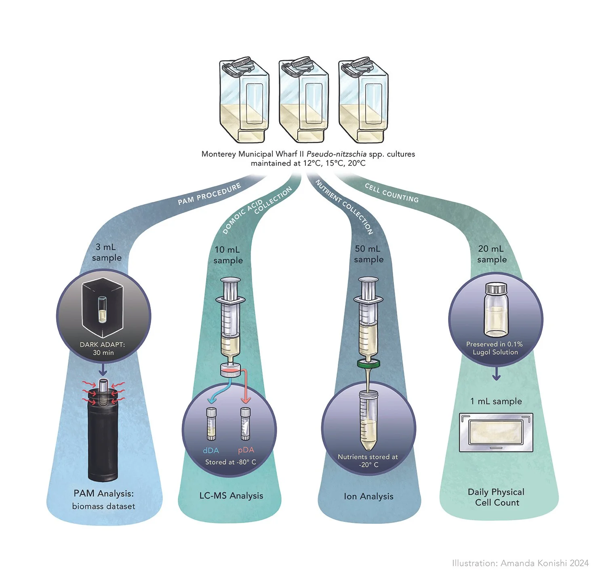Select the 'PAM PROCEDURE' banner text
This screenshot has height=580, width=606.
coord(209,194)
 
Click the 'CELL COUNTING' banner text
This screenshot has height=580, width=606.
coord(391,193)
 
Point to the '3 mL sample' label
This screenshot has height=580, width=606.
coord(107,252)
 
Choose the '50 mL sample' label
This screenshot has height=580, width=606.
coord(368,254)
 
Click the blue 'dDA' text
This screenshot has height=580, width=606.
coord(211,450)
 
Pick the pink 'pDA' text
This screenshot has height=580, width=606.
coord(246,450)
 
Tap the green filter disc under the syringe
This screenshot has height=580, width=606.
coord(368,363)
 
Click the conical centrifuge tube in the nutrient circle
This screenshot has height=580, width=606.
coord(368,420)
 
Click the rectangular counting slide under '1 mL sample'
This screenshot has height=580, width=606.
coord(496,432)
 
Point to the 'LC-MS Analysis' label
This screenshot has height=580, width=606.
coord(231,496)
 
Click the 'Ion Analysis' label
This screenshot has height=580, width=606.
coord(368,496)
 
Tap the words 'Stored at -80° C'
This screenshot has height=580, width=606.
coord(230,462)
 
